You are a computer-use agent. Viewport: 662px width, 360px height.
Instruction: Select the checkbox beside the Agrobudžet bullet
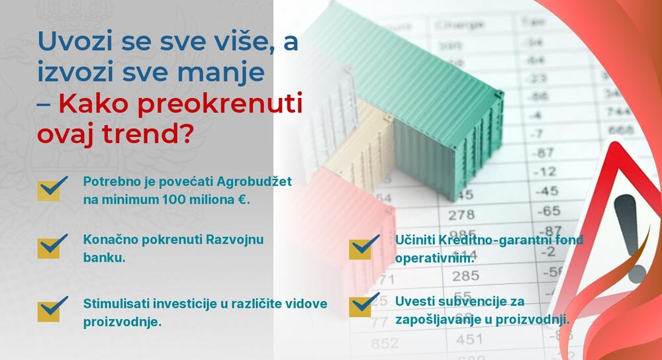coord(52,187)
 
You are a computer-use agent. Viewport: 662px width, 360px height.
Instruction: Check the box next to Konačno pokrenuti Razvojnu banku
coord(52,246)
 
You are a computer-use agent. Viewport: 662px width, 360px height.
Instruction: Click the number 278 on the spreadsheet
coord(461,214)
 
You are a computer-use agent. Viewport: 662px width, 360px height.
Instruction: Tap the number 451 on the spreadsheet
coord(469,339)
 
